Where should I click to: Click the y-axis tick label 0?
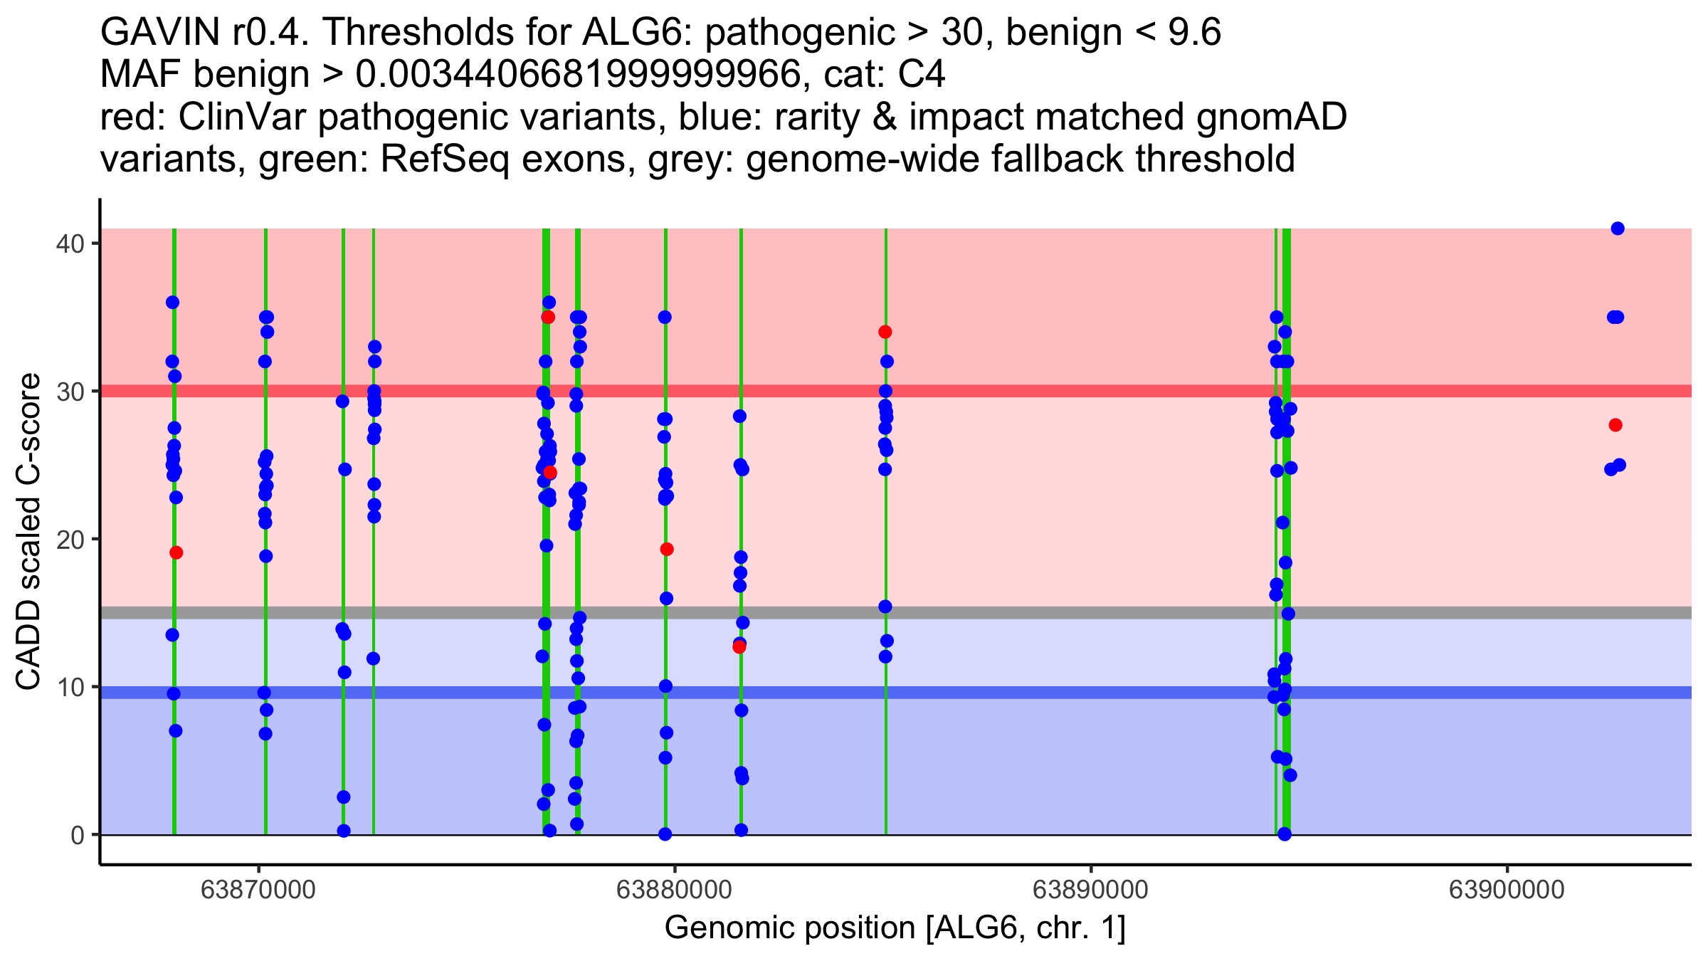(x=77, y=835)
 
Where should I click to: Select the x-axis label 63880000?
(x=674, y=890)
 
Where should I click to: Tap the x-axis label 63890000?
(x=1090, y=890)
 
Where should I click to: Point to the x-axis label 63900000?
(x=1507, y=890)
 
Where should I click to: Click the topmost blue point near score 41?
(x=1618, y=229)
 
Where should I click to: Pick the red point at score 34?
(x=885, y=332)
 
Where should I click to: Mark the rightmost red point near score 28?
(x=1615, y=425)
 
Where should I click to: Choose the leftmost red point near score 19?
(x=176, y=552)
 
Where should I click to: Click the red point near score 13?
(x=739, y=647)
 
